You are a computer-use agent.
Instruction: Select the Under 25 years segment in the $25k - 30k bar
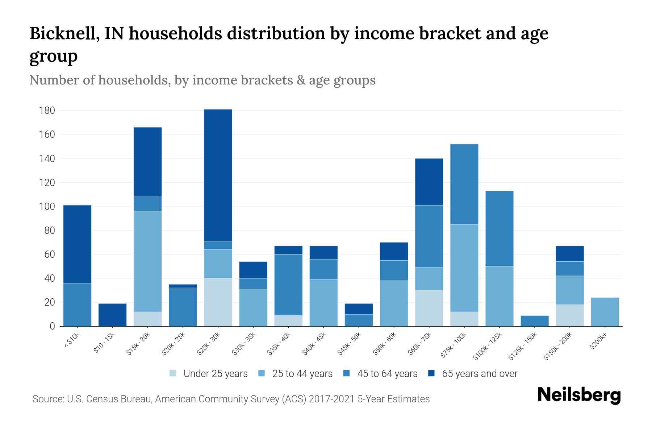218,302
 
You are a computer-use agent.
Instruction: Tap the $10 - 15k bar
112,315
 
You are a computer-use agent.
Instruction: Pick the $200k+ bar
605,312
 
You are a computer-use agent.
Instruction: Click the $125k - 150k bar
534,321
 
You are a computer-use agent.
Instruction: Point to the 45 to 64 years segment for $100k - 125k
499,228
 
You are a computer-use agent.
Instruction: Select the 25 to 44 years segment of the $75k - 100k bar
464,268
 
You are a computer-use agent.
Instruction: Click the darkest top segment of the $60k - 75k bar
429,182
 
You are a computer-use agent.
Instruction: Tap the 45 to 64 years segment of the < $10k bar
77,304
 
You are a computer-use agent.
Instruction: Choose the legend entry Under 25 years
216,374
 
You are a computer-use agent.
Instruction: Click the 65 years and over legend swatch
431,373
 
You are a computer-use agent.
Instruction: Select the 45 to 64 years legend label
387,374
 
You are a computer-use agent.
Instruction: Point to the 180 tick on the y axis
47,111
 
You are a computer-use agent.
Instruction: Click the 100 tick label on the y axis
47,207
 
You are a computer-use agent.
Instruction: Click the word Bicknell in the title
64,33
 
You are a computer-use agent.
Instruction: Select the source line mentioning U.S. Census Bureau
231,399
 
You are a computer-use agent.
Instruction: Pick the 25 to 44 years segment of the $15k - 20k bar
147,261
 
